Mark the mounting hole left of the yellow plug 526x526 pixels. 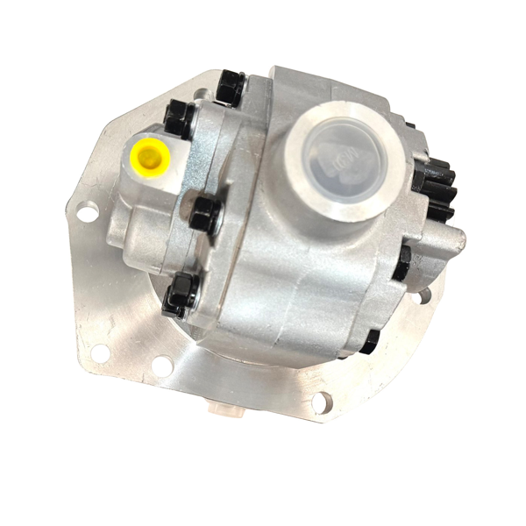[x=86, y=212]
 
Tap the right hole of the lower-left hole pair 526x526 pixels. [x=161, y=366]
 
